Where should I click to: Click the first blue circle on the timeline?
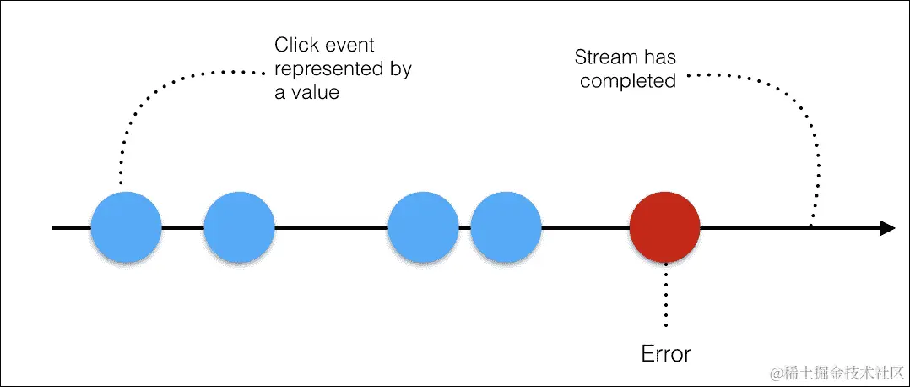pos(126,228)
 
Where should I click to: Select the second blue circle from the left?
pos(239,228)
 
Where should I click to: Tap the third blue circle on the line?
pos(423,228)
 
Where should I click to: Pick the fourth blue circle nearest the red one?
pos(506,228)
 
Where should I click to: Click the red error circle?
pos(664,228)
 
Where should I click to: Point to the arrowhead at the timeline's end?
pos(886,228)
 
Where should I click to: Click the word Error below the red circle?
pos(665,353)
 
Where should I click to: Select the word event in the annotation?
pos(349,46)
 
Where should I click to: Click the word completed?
pos(627,81)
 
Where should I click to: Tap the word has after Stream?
pos(659,57)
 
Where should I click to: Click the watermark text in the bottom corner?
pos(831,371)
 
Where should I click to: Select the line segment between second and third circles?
pos(331,228)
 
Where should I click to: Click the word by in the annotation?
pos(399,69)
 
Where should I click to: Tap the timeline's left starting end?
pos(55,228)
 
